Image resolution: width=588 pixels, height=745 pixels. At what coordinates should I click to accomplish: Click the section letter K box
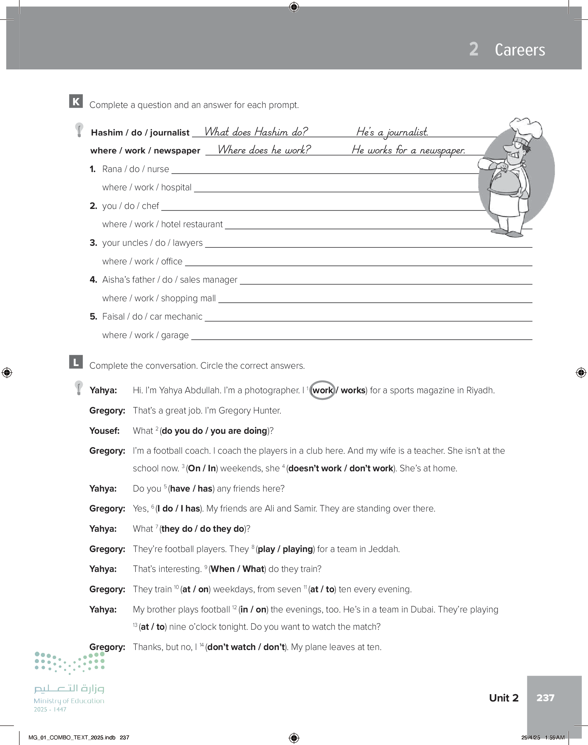point(76,101)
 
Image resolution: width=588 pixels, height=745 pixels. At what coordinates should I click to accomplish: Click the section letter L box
point(76,362)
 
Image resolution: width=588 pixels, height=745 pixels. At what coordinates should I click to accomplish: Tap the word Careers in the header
point(520,50)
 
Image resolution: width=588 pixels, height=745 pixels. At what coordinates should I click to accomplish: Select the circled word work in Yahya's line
point(322,390)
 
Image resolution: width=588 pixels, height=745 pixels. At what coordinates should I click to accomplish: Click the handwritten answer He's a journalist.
point(392,132)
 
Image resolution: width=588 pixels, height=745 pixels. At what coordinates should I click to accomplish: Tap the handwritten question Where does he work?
point(264,150)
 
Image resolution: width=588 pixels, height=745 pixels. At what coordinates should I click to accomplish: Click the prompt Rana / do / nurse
point(135,169)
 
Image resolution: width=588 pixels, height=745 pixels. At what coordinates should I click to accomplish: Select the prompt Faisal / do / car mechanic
point(152,317)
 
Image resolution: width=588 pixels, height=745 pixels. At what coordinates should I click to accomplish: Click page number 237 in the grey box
point(545,698)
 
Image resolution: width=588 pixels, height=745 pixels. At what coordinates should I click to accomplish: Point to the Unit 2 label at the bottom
point(503,698)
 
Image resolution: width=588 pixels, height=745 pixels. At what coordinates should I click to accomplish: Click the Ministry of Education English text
point(69,700)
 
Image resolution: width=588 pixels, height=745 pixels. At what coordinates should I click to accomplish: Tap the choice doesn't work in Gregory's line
point(315,468)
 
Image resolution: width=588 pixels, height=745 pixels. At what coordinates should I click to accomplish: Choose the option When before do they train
point(222,569)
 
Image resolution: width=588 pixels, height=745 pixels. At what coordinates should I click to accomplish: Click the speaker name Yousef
point(104,431)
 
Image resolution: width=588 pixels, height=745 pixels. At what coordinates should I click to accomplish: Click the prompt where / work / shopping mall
point(159,298)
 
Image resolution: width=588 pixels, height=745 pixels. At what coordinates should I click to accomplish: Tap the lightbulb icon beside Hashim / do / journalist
point(79,130)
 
